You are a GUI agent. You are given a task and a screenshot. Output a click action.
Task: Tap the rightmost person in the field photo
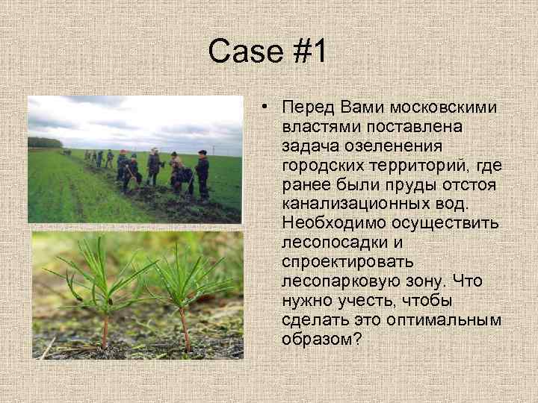202,173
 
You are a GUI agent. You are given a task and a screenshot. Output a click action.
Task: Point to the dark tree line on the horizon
45,142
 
